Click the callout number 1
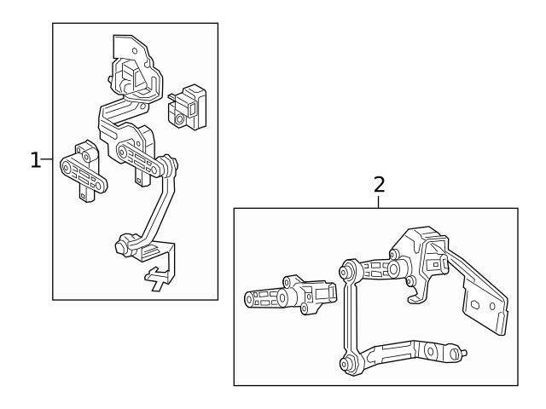(x=35, y=159)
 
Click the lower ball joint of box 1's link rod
(x=123, y=247)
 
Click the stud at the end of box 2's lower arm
(x=461, y=351)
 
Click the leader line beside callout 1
(x=48, y=159)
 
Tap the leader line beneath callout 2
(x=380, y=201)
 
